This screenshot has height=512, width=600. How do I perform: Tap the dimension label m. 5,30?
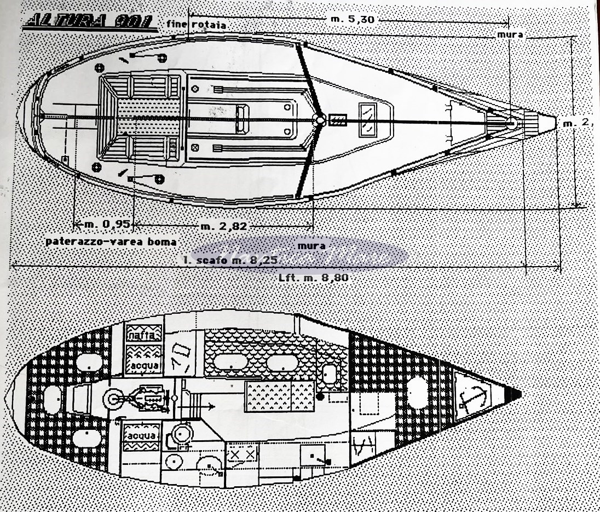pyautogui.click(x=353, y=19)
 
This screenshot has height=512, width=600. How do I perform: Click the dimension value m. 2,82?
pyautogui.click(x=223, y=226)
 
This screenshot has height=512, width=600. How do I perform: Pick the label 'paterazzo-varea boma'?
pyautogui.click(x=111, y=241)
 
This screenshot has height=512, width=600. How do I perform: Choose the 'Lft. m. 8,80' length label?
pyautogui.click(x=313, y=278)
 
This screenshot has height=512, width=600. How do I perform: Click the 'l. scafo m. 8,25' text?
pyautogui.click(x=223, y=261)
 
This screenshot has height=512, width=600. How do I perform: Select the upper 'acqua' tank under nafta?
pyautogui.click(x=144, y=364)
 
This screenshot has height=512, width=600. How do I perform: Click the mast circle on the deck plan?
pyautogui.click(x=320, y=120)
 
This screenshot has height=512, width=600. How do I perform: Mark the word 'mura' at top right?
pyautogui.click(x=509, y=34)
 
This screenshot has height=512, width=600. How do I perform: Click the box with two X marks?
pyautogui.click(x=241, y=454)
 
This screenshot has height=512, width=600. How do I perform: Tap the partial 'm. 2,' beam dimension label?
pyautogui.click(x=578, y=123)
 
